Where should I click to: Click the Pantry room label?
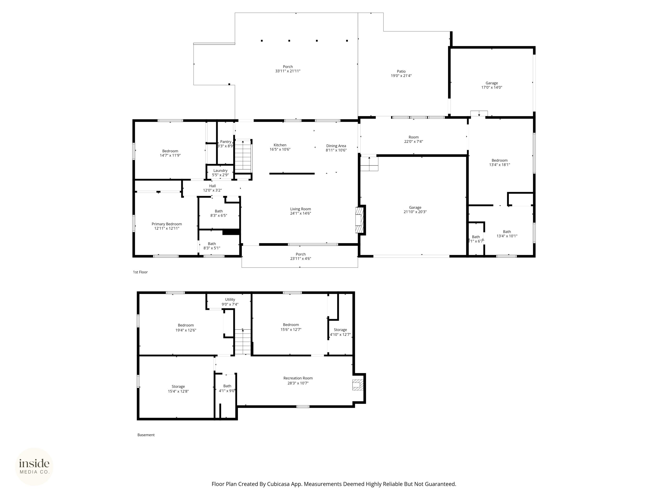[x=226, y=142]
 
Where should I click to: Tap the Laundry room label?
[x=220, y=171]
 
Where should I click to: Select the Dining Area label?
[x=336, y=146]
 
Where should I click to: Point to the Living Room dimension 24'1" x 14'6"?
[x=301, y=213]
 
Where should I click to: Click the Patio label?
[x=401, y=71]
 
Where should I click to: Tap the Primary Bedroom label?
[x=167, y=224]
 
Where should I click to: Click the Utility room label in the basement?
[x=230, y=300]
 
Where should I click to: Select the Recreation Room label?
[x=298, y=378]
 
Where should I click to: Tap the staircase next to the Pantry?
[x=243, y=156]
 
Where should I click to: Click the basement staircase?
[x=243, y=342]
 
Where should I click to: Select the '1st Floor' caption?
[x=140, y=272]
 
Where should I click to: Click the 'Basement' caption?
[x=146, y=435]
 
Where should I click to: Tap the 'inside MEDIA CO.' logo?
[x=34, y=467]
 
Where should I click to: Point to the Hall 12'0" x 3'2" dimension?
[x=212, y=190]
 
